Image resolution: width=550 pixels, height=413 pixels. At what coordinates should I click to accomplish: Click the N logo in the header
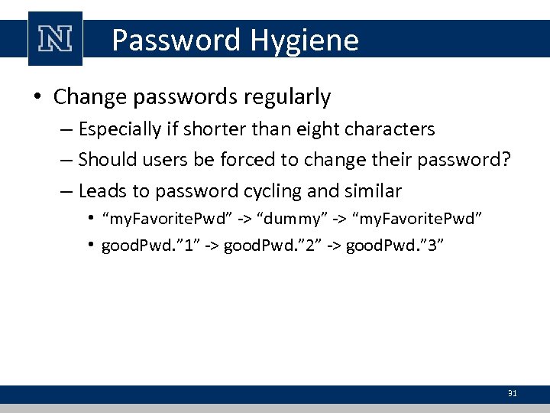click(x=55, y=38)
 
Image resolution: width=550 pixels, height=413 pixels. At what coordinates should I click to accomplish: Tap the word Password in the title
click(x=175, y=40)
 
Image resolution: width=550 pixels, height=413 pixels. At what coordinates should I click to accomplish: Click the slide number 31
click(x=513, y=393)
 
